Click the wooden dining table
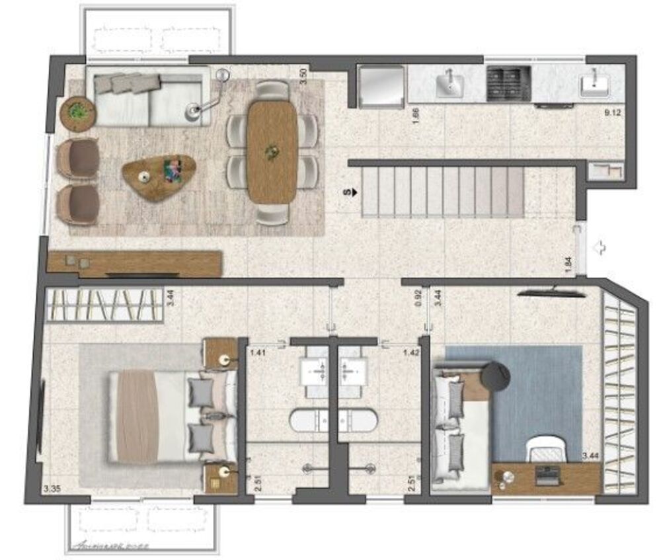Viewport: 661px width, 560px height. [x=272, y=152]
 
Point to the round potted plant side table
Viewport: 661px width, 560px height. [x=78, y=113]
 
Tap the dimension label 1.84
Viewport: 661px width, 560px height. [x=569, y=262]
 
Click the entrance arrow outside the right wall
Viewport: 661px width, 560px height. [x=600, y=248]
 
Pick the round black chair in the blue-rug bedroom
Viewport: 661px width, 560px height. [x=495, y=376]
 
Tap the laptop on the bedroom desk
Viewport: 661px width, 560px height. [x=546, y=475]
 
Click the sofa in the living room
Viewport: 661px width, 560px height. [x=148, y=99]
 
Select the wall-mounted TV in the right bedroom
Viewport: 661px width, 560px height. [x=551, y=291]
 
